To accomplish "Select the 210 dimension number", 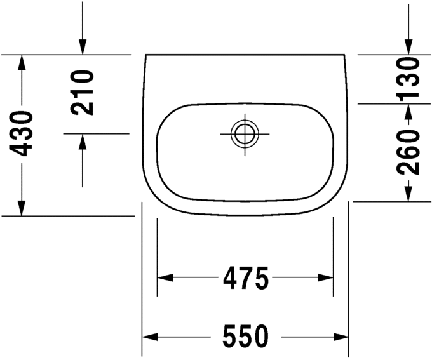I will [83, 93].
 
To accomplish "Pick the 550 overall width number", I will [246, 336].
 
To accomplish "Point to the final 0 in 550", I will [260, 336].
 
